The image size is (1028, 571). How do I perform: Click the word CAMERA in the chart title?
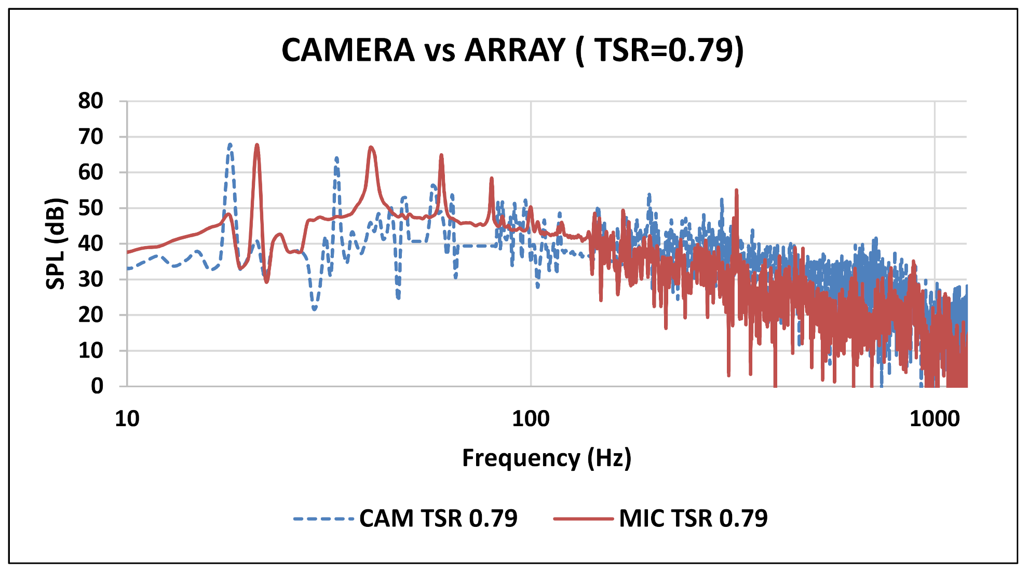[x=348, y=50]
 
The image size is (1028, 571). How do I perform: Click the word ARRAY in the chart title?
[x=515, y=50]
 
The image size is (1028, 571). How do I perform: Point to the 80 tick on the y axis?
[x=91, y=101]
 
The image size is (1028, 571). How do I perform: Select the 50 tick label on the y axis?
[x=91, y=208]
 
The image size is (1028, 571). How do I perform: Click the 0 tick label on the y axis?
[x=97, y=386]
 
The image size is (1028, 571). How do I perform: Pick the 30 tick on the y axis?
[x=91, y=279]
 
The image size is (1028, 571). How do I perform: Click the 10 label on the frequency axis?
[x=127, y=418]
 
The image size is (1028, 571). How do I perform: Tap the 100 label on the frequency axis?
[x=531, y=418]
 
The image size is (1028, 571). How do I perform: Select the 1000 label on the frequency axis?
[x=935, y=418]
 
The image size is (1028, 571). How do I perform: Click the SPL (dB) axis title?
[x=56, y=243]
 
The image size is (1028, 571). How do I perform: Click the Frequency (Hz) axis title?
[x=547, y=458]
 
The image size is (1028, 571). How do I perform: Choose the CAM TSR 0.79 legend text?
[x=438, y=518]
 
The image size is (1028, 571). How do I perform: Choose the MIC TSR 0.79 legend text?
[x=693, y=518]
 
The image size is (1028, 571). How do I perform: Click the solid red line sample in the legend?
[x=584, y=518]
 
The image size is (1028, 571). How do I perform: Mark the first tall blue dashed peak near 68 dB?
[x=230, y=145]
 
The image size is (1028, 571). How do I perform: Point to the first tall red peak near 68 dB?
[x=256, y=146]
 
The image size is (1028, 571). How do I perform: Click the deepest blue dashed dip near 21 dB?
[x=315, y=308]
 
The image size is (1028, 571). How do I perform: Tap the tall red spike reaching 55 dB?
[x=736, y=191]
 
